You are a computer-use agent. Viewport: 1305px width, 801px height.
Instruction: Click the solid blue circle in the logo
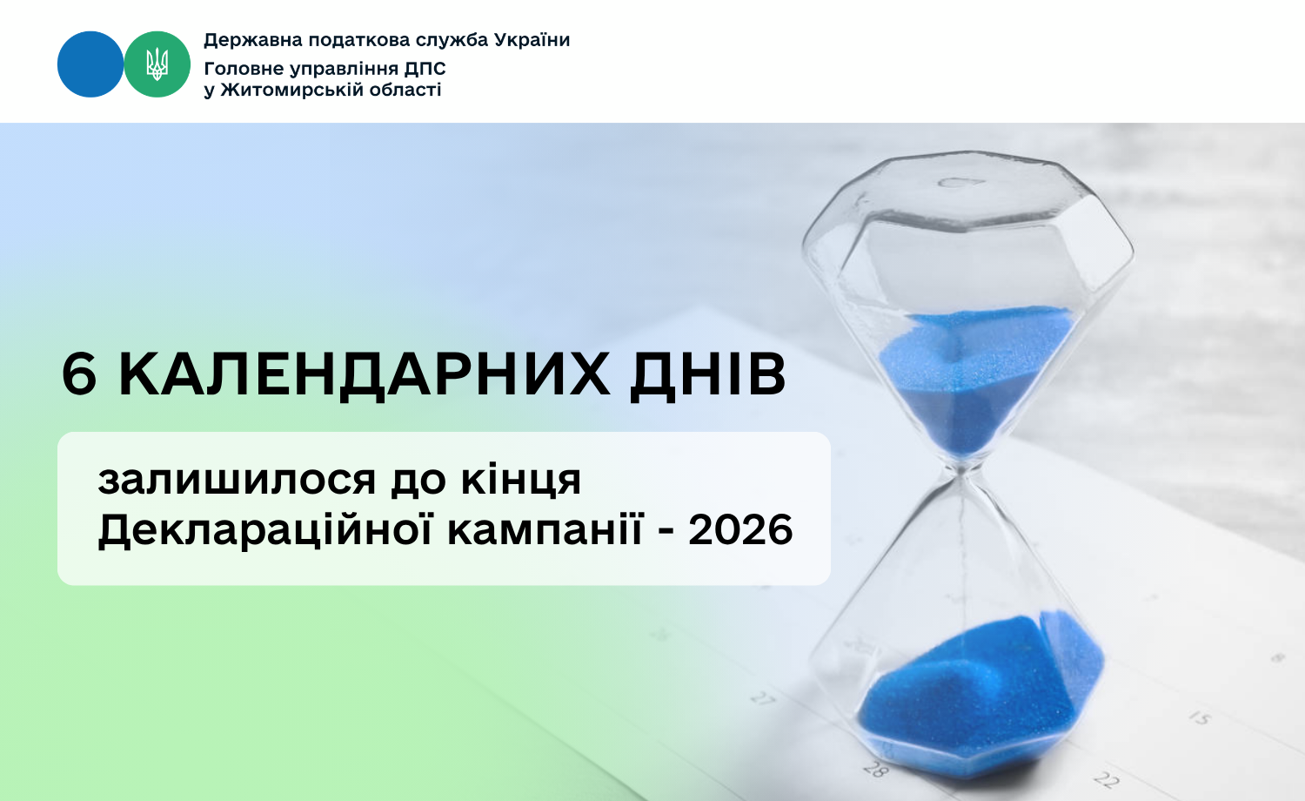90,64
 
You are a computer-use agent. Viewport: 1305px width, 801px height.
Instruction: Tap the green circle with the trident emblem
157,64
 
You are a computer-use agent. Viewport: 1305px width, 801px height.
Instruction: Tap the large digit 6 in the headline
79,375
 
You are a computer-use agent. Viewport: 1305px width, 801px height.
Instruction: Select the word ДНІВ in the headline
708,377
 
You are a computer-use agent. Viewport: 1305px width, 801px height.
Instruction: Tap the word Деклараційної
265,529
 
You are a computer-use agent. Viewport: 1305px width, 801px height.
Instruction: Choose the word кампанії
545,528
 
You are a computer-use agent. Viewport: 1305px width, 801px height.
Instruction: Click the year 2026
740,529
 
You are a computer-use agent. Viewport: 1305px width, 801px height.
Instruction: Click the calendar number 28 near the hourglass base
875,769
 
